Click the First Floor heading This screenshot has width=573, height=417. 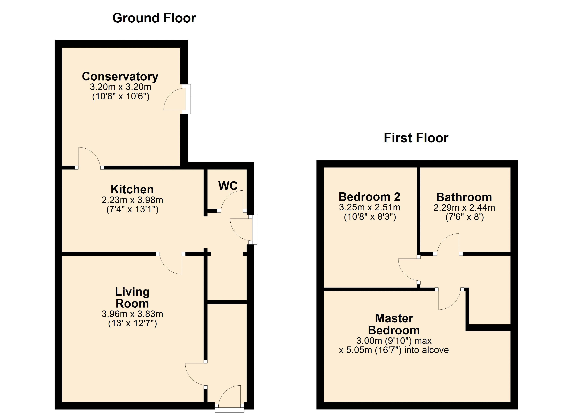pos(416,138)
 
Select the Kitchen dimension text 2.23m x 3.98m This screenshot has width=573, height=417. pos(132,200)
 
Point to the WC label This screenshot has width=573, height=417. pos(228,186)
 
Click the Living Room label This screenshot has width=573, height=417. pos(132,298)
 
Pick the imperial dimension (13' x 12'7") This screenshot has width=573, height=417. pos(132,323)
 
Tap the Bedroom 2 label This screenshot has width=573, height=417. pos(369,197)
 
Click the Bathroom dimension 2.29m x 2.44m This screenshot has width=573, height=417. pos(464,208)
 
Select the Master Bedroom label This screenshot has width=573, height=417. pos(394,324)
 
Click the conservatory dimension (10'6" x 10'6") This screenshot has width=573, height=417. pos(121,97)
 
